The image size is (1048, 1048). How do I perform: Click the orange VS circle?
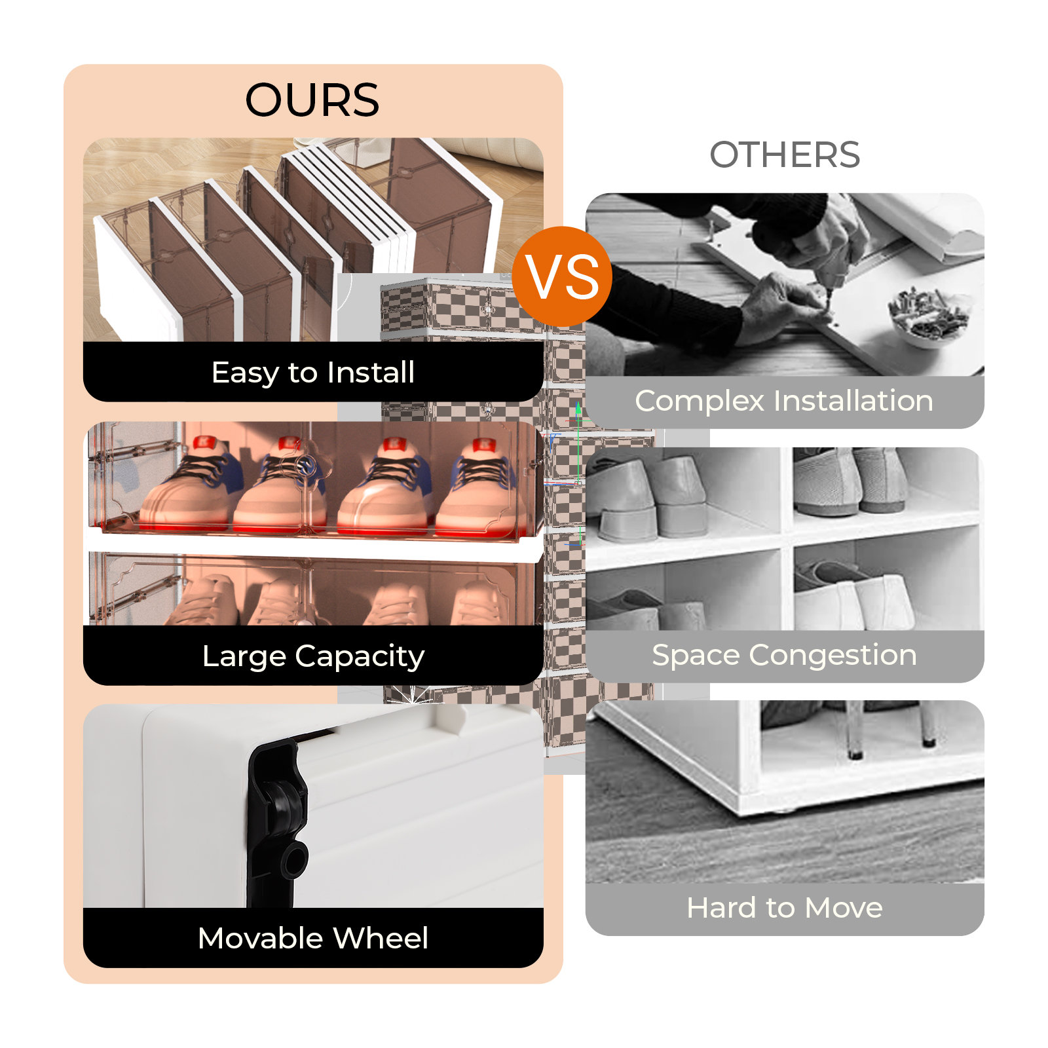point(563,276)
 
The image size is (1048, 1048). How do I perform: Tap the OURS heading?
point(312,100)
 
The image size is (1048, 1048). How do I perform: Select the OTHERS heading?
point(785,155)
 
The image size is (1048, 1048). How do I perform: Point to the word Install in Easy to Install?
point(371,372)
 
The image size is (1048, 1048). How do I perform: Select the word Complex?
point(700,402)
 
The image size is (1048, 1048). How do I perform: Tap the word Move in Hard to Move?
point(844,908)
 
